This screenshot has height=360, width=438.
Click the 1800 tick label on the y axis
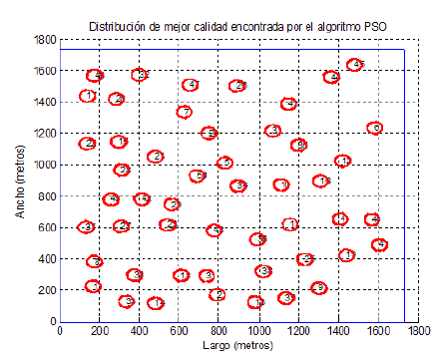pos(42,41)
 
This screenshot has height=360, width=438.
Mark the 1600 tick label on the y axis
pos(42,72)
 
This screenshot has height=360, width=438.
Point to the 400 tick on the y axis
pos(45,259)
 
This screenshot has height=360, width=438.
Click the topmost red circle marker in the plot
pos(355,65)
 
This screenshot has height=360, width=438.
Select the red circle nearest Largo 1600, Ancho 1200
pos(374,128)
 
